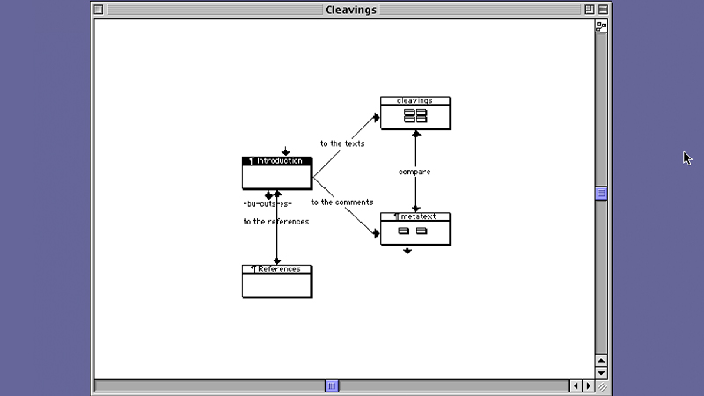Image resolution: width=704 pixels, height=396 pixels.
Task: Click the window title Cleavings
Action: click(x=351, y=10)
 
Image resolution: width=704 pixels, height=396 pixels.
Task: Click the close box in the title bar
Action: click(x=99, y=10)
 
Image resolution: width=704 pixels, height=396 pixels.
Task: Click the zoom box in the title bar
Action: click(x=589, y=10)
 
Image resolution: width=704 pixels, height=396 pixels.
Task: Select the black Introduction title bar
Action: click(x=277, y=161)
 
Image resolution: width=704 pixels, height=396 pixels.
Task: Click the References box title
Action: click(x=277, y=269)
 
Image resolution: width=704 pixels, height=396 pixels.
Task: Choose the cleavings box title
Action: click(x=415, y=100)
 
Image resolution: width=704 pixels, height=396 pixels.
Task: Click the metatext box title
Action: click(x=415, y=216)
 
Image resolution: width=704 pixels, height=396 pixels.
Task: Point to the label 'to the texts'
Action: click(x=342, y=143)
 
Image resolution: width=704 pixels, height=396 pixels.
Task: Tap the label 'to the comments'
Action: click(x=341, y=202)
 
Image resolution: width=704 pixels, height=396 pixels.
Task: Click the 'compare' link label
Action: click(x=414, y=172)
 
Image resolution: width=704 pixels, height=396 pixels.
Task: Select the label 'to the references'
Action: click(x=276, y=222)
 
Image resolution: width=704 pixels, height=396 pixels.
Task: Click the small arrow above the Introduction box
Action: click(x=285, y=151)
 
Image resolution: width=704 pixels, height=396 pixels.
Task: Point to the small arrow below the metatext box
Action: click(x=407, y=250)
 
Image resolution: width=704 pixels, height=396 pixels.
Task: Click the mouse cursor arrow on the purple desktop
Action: click(x=687, y=158)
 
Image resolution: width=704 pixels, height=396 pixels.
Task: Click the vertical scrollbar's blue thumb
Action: click(x=601, y=194)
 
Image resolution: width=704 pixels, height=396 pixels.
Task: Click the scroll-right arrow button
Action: click(x=588, y=385)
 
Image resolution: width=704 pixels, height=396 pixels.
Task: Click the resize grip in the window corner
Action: click(x=602, y=385)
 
